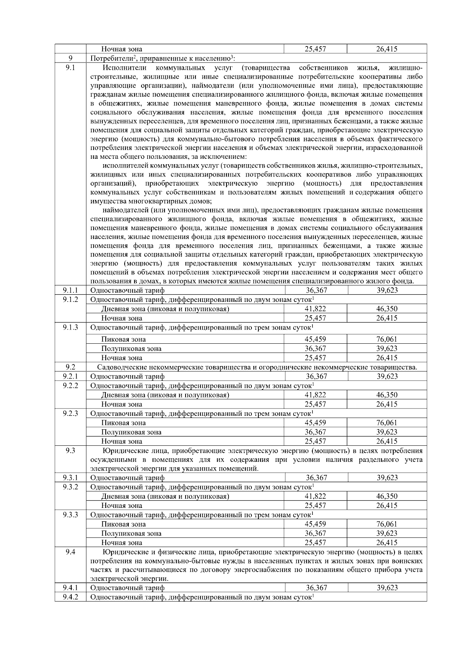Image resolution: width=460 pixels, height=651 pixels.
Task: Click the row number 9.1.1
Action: pyautogui.click(x=70, y=290)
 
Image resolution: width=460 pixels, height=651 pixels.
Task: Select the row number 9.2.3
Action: pyautogui.click(x=70, y=413)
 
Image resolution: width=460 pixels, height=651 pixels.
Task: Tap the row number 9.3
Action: pyautogui.click(x=70, y=450)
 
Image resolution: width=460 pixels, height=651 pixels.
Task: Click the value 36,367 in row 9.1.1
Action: pyautogui.click(x=316, y=290)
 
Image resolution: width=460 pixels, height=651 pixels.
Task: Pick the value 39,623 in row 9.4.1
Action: pyautogui.click(x=387, y=588)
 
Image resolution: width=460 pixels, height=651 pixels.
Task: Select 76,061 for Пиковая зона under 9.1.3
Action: pyautogui.click(x=387, y=339)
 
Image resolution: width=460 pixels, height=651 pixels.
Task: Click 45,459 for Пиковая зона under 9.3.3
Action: pyautogui.click(x=315, y=524)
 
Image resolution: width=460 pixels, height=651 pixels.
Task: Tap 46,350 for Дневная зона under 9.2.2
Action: pyautogui.click(x=387, y=395)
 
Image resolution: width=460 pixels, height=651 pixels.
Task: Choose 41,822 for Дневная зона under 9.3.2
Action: pyautogui.click(x=315, y=496)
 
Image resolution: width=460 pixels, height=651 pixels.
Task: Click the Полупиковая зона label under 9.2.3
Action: pyautogui.click(x=131, y=432)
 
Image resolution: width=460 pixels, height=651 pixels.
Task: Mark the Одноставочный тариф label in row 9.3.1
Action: pyautogui.click(x=127, y=478)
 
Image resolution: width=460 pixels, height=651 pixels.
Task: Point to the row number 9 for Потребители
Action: pyautogui.click(x=70, y=58)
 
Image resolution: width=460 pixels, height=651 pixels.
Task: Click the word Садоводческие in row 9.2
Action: pyautogui.click(x=121, y=367)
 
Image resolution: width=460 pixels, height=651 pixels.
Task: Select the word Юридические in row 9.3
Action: pyautogui.click(x=123, y=450)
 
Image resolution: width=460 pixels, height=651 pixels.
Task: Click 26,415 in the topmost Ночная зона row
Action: pyautogui.click(x=387, y=49)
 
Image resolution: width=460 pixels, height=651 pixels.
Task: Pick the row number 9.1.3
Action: pyautogui.click(x=70, y=327)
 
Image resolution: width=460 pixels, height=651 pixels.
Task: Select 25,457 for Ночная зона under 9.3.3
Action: pyautogui.click(x=315, y=542)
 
